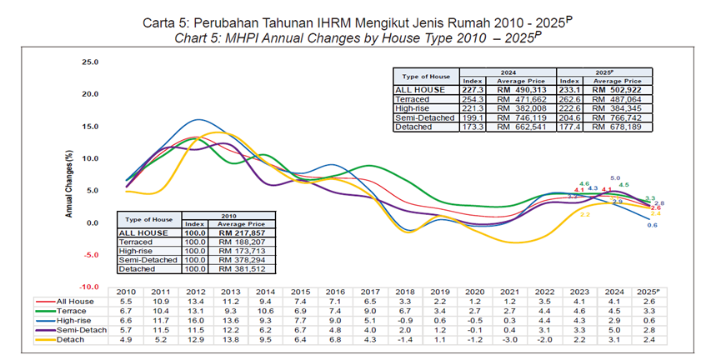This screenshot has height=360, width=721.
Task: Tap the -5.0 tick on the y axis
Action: (x=88, y=255)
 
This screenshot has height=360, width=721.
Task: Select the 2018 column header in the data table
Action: (x=403, y=291)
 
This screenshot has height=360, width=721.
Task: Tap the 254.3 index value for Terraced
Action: (x=472, y=98)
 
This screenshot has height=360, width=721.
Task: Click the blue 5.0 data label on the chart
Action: (x=616, y=178)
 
